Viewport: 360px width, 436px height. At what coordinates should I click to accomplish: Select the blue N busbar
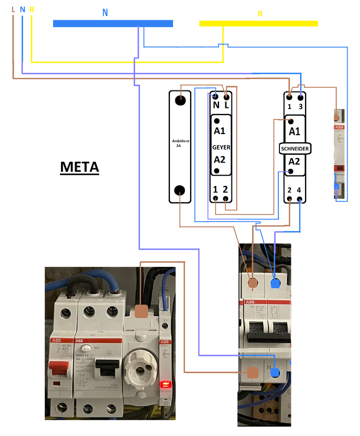click(x=113, y=23)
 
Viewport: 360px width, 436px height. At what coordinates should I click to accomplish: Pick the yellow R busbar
click(x=258, y=23)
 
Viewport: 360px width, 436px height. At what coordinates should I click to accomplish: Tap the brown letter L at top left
click(x=13, y=10)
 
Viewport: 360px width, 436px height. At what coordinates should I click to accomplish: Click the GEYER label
click(x=222, y=148)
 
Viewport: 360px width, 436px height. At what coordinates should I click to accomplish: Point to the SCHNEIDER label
click(x=294, y=148)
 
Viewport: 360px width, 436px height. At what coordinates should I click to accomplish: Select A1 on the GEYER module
click(x=219, y=131)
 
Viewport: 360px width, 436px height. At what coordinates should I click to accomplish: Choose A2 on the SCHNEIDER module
click(x=294, y=162)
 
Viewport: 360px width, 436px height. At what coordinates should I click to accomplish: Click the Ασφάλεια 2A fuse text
click(x=179, y=143)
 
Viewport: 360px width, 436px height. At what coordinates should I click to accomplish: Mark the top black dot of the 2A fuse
click(x=180, y=100)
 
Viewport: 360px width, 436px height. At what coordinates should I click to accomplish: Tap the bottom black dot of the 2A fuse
click(x=179, y=190)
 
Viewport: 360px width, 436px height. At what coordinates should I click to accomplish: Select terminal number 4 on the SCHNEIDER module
click(x=300, y=190)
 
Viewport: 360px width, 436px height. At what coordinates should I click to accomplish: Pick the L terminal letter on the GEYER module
click(x=227, y=105)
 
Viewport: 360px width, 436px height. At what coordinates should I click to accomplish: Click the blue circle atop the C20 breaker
click(x=276, y=283)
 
